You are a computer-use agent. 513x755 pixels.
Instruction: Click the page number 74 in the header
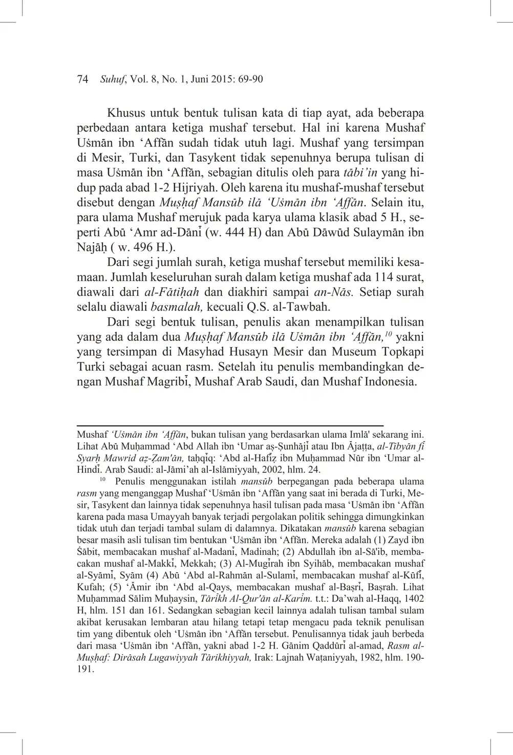83,79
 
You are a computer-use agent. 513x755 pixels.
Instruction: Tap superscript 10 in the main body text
388,334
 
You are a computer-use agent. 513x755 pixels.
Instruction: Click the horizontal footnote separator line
230,425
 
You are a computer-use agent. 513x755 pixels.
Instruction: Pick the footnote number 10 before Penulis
102,480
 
